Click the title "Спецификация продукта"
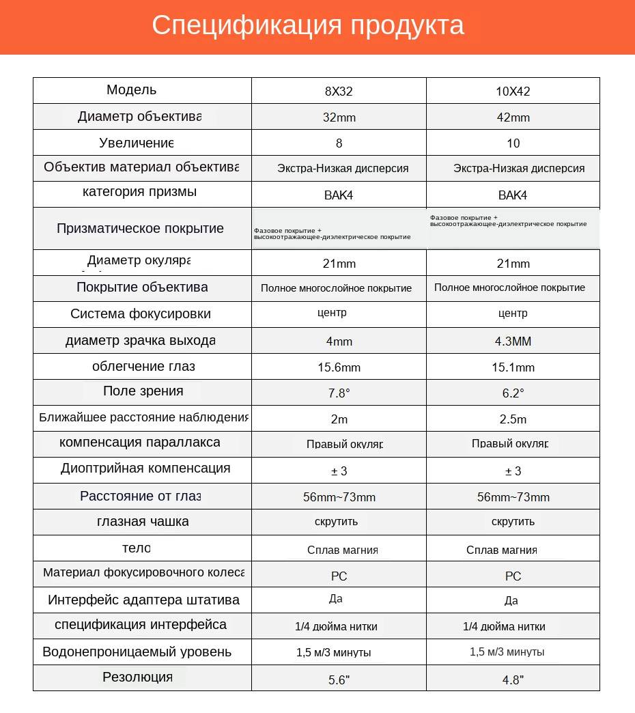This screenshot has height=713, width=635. (x=308, y=25)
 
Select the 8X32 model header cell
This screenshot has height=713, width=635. (x=339, y=91)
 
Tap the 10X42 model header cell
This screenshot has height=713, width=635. (x=513, y=91)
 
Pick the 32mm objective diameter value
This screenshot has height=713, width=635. (x=339, y=117)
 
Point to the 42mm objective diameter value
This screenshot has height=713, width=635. (x=513, y=117)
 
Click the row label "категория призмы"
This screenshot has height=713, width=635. (x=139, y=191)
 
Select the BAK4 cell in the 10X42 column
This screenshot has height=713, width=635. (x=513, y=195)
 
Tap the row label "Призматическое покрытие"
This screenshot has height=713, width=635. (x=140, y=228)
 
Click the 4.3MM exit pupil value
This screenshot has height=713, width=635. (x=513, y=341)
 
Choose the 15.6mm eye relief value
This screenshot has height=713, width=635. (x=339, y=367)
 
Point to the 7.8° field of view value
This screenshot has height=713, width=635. (x=339, y=393)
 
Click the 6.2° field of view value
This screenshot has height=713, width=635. (x=513, y=393)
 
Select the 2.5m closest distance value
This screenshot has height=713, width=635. (x=513, y=419)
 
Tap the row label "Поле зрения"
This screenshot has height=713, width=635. (x=143, y=391)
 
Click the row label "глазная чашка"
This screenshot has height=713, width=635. (x=143, y=522)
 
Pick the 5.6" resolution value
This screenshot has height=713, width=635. (x=339, y=680)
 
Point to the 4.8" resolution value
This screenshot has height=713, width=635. (x=513, y=680)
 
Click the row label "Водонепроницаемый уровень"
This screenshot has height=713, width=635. (x=137, y=652)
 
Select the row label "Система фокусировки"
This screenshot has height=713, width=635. (x=140, y=314)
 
